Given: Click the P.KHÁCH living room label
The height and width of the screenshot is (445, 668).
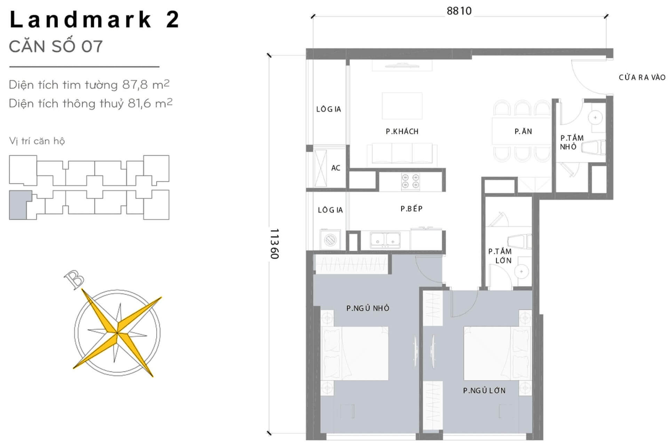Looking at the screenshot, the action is [x=402, y=131].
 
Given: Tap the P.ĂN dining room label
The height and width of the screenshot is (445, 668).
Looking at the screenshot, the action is [x=523, y=131].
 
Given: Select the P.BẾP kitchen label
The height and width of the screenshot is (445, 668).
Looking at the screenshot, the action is [x=411, y=209].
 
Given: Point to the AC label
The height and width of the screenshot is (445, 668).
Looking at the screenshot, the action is [x=335, y=168].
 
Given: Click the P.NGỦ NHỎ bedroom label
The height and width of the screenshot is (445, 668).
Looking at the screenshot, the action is [x=368, y=308].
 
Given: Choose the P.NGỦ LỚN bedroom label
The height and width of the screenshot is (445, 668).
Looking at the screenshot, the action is [x=484, y=390].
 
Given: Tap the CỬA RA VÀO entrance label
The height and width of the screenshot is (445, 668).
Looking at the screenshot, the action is [x=642, y=78].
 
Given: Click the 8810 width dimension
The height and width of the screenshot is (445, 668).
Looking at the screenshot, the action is [x=459, y=11].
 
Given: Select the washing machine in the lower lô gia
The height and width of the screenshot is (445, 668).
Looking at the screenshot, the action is [x=330, y=239].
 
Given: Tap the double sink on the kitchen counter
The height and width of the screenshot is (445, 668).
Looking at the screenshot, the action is [x=385, y=240].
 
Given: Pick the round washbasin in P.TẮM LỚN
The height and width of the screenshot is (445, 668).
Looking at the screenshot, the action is [x=521, y=272].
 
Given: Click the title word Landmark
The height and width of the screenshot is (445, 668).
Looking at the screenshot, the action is [x=81, y=20].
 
